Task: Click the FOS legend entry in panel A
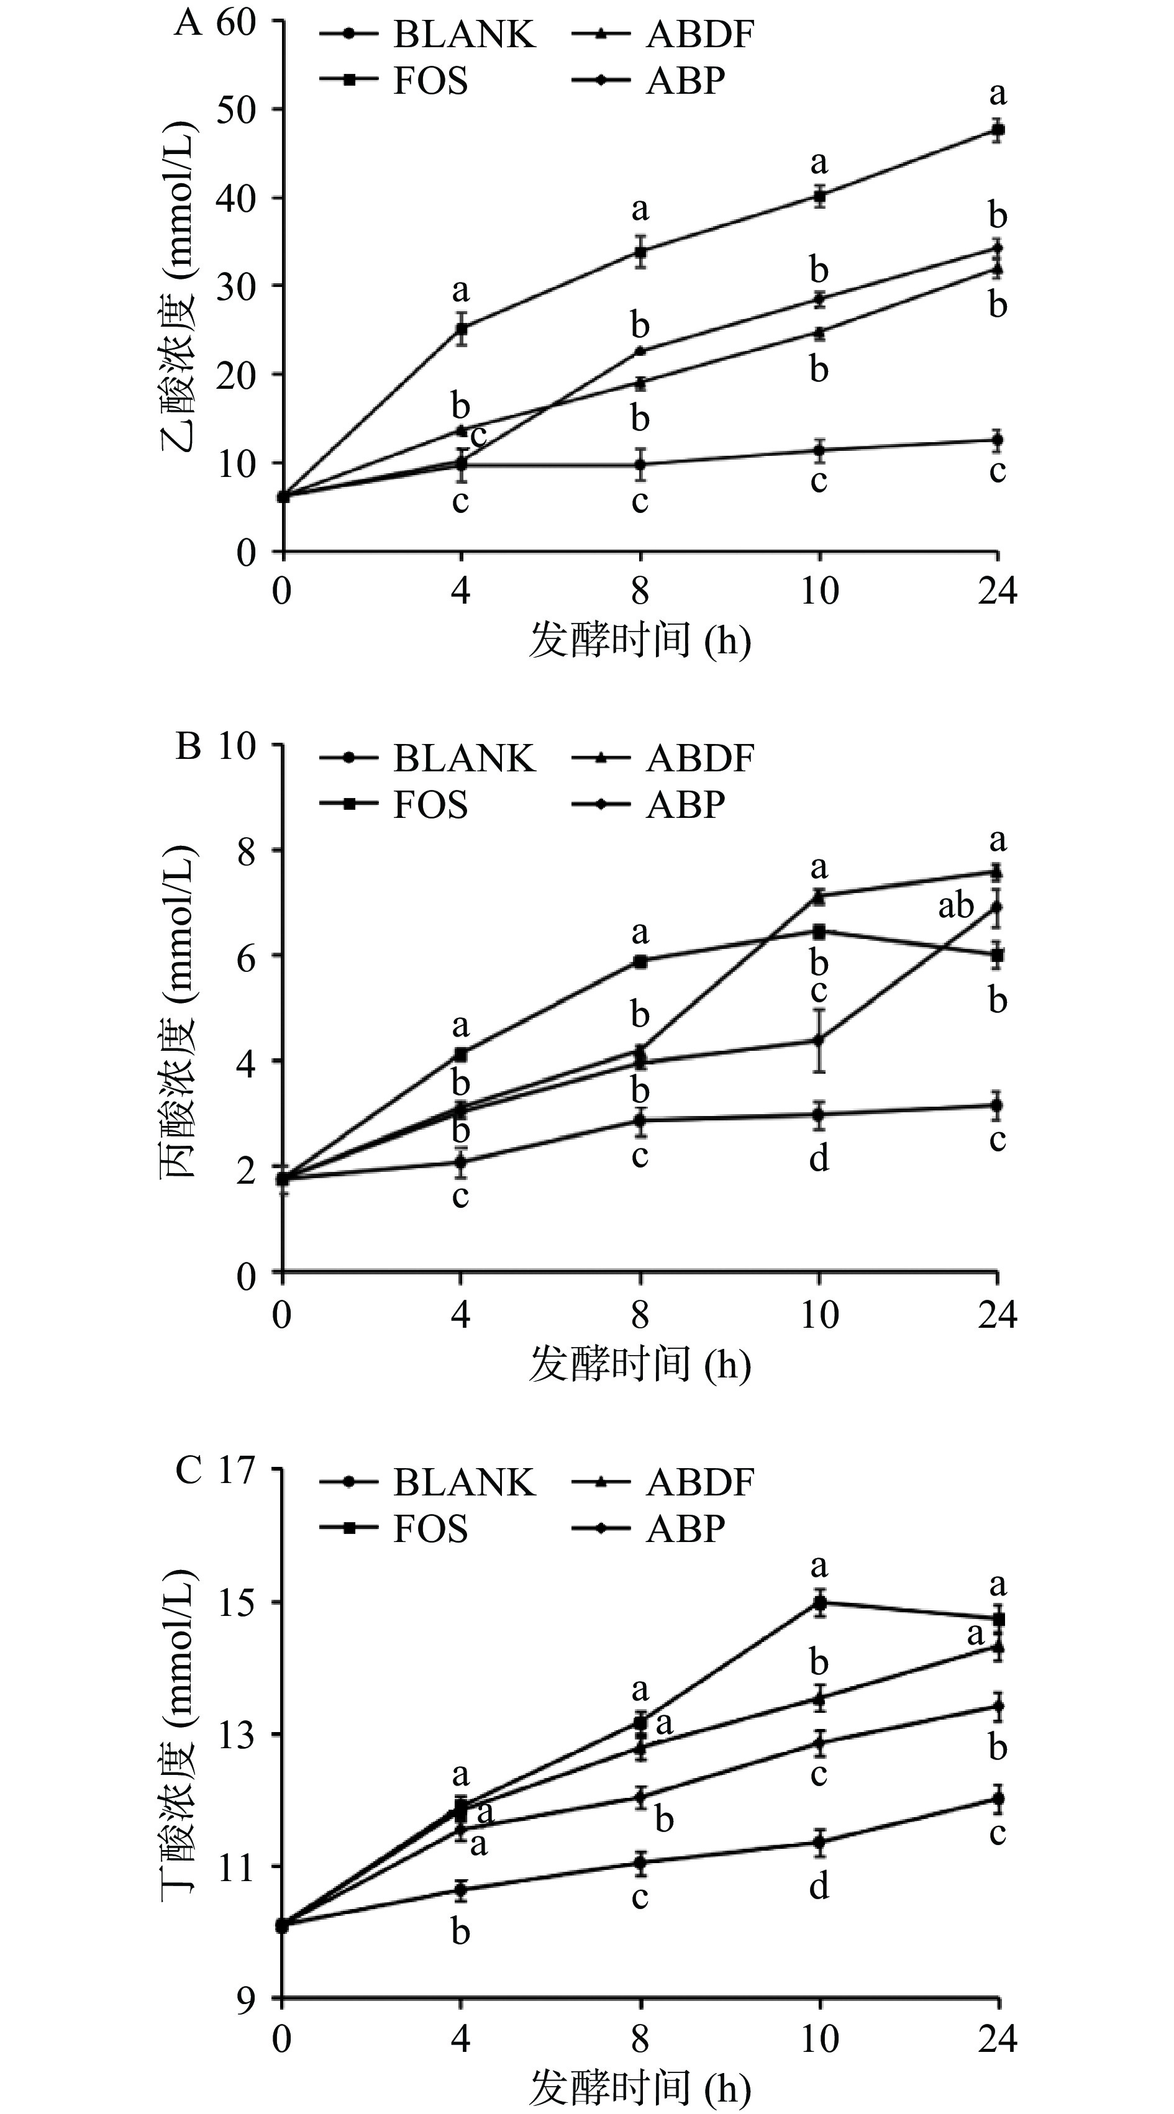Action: tap(429, 81)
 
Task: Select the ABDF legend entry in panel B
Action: tap(699, 758)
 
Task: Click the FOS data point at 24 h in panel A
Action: tap(998, 130)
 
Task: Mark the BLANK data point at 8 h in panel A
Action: tap(640, 465)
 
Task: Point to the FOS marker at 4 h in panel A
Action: tap(462, 329)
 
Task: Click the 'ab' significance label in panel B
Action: tap(955, 906)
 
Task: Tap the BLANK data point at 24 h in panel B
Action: tap(998, 1105)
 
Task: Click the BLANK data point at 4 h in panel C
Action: tap(462, 1890)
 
